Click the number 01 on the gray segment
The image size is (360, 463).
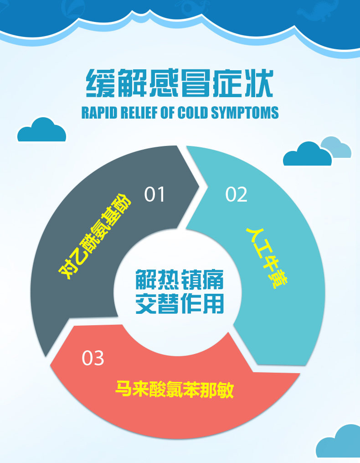pyautogui.click(x=154, y=194)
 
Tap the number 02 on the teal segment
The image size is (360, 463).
pyautogui.click(x=236, y=194)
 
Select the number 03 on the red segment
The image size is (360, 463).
pyautogui.click(x=93, y=358)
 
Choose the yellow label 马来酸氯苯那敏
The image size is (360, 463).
pyautogui.click(x=175, y=389)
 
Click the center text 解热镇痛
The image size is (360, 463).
pyautogui.click(x=180, y=279)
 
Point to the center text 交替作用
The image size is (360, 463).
pyautogui.click(x=180, y=303)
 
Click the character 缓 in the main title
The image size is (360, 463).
pyautogui.click(x=100, y=83)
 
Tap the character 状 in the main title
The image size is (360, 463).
pyautogui.click(x=259, y=83)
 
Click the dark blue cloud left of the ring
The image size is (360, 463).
pyautogui.click(x=41, y=131)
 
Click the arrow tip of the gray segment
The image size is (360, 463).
pyautogui.click(x=200, y=186)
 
